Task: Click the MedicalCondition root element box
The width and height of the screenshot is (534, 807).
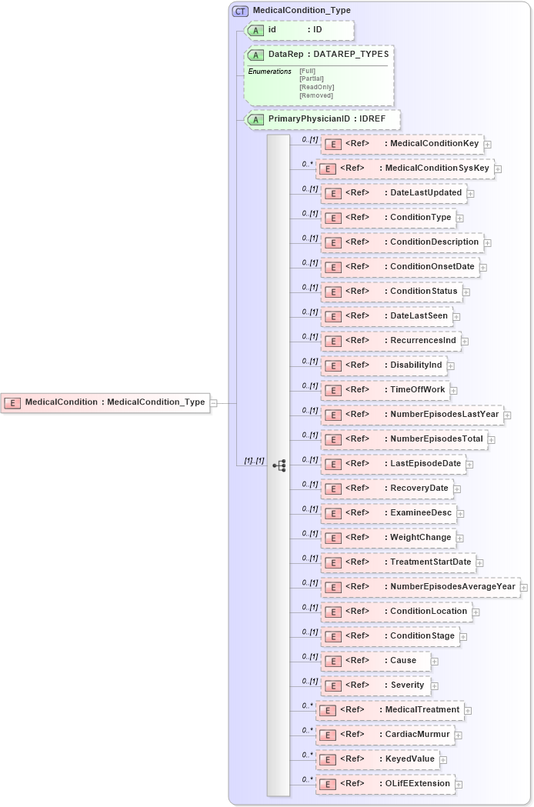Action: tap(105, 402)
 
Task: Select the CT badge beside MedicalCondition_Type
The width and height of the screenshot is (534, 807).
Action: tap(240, 11)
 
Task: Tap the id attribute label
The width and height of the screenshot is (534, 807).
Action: tap(272, 30)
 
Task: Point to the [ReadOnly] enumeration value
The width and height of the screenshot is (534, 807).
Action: tap(316, 87)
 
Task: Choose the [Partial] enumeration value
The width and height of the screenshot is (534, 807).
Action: tap(312, 78)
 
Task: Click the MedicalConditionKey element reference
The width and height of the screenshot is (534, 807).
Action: tap(402, 144)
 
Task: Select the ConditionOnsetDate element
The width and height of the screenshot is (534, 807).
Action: tap(400, 267)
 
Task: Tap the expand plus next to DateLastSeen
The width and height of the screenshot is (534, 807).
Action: tap(457, 316)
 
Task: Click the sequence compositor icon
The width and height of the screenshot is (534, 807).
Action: tap(279, 465)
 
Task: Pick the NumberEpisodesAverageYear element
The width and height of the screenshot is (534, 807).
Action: tap(420, 587)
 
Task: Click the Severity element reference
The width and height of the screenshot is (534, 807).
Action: tap(375, 685)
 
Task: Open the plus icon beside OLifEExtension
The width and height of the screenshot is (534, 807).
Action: tap(459, 785)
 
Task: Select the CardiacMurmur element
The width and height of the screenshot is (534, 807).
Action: tap(385, 735)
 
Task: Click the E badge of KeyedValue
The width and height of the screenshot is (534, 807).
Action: tap(328, 759)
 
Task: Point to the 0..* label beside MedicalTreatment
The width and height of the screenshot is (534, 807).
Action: tap(308, 705)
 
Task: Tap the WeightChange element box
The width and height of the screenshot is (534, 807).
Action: tap(389, 538)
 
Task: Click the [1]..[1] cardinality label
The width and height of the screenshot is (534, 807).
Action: tap(254, 460)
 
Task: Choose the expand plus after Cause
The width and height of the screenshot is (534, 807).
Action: tap(435, 661)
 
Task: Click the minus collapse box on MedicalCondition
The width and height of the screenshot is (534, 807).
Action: tap(214, 402)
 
